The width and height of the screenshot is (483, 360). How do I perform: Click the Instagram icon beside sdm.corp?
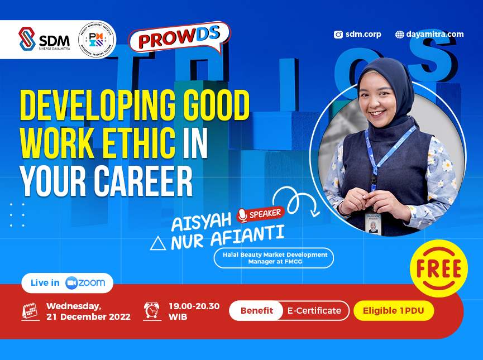[x=338, y=35]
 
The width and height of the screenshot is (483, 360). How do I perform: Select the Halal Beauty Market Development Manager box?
[x=274, y=258]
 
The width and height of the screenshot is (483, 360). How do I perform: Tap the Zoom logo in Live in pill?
[x=85, y=283]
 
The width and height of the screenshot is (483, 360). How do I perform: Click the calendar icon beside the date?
[x=30, y=311]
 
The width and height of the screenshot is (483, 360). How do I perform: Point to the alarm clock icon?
[x=151, y=311]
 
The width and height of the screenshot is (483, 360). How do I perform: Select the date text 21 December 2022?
[x=88, y=317]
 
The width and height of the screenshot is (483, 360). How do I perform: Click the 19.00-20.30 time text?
[x=194, y=306]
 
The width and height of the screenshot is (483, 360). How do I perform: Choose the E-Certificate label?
[x=314, y=311]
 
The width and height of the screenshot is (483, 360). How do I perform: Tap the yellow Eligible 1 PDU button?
[x=394, y=311]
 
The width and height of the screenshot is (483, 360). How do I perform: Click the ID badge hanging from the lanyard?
[x=372, y=222]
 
